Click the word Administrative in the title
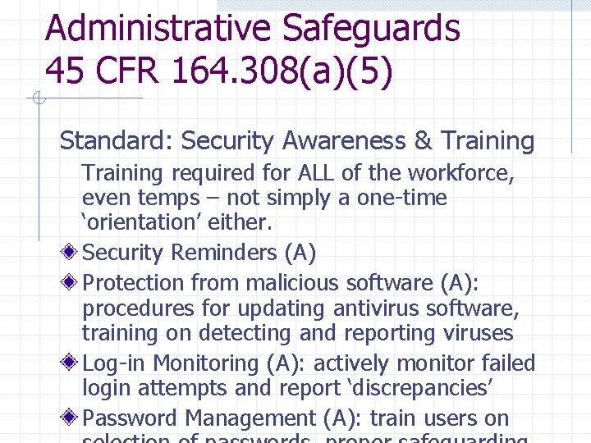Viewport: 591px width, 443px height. pyautogui.click(x=158, y=28)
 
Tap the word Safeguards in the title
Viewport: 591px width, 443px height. pyautogui.click(x=371, y=28)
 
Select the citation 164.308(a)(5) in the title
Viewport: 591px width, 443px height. pyautogui.click(x=282, y=71)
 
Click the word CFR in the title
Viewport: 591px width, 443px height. pyautogui.click(x=129, y=71)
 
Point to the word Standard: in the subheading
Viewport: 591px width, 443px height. pyautogui.click(x=114, y=141)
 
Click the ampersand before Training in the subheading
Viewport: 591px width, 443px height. pyautogui.click(x=423, y=141)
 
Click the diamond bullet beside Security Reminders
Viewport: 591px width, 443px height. pyautogui.click(x=72, y=253)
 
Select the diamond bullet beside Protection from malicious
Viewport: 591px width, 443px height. pyautogui.click(x=72, y=283)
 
